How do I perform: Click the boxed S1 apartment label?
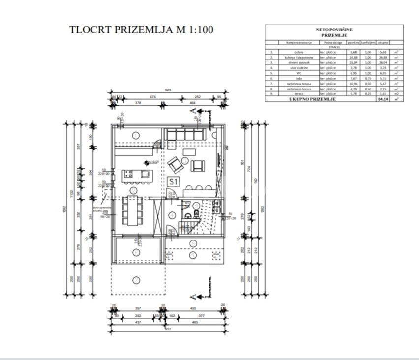tap(173, 181)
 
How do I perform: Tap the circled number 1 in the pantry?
tap(134, 134)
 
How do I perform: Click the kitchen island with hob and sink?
tap(138, 174)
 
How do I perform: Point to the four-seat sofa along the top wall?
tap(185, 134)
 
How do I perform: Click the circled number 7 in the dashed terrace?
tap(136, 280)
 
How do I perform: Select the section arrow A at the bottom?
tap(193, 296)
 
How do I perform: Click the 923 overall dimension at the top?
tap(167, 90)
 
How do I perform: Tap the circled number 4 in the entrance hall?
tap(172, 215)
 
